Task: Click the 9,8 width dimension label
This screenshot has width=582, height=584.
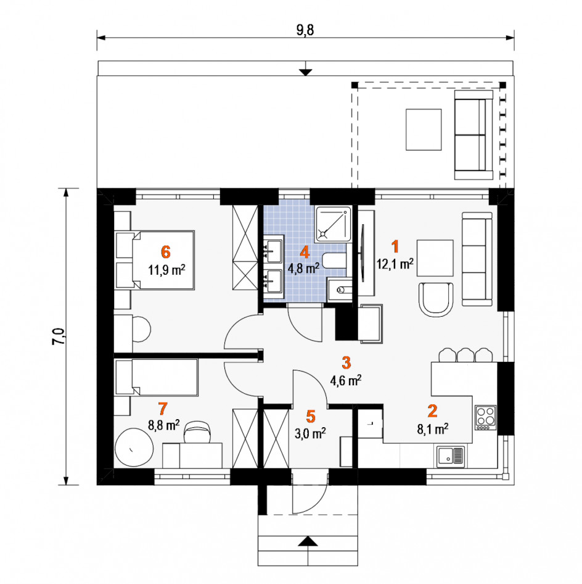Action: pos(305,30)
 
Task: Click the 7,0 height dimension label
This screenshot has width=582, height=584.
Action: pos(59,336)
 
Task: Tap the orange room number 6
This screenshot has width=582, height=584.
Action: pos(165,252)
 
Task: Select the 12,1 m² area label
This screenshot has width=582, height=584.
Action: pos(395,264)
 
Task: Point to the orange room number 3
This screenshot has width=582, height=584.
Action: pos(346,362)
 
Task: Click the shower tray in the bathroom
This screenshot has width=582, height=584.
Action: pos(333,223)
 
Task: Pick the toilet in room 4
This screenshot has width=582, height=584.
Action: pos(334,261)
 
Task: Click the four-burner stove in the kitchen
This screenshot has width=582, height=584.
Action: pos(485,417)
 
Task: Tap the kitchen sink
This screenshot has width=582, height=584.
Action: pos(451,456)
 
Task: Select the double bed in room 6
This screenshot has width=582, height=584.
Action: pos(155,260)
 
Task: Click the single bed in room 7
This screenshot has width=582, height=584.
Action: pos(156,377)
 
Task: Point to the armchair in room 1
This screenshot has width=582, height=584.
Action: pos(436,299)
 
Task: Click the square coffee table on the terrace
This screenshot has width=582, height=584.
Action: pos(424,130)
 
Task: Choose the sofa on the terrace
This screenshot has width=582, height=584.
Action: pos(473,135)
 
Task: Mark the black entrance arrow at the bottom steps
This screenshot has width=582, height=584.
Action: pos(308,541)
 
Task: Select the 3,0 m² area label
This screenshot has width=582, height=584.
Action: pos(310,433)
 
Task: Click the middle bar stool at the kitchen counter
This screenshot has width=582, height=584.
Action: pos(465,355)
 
